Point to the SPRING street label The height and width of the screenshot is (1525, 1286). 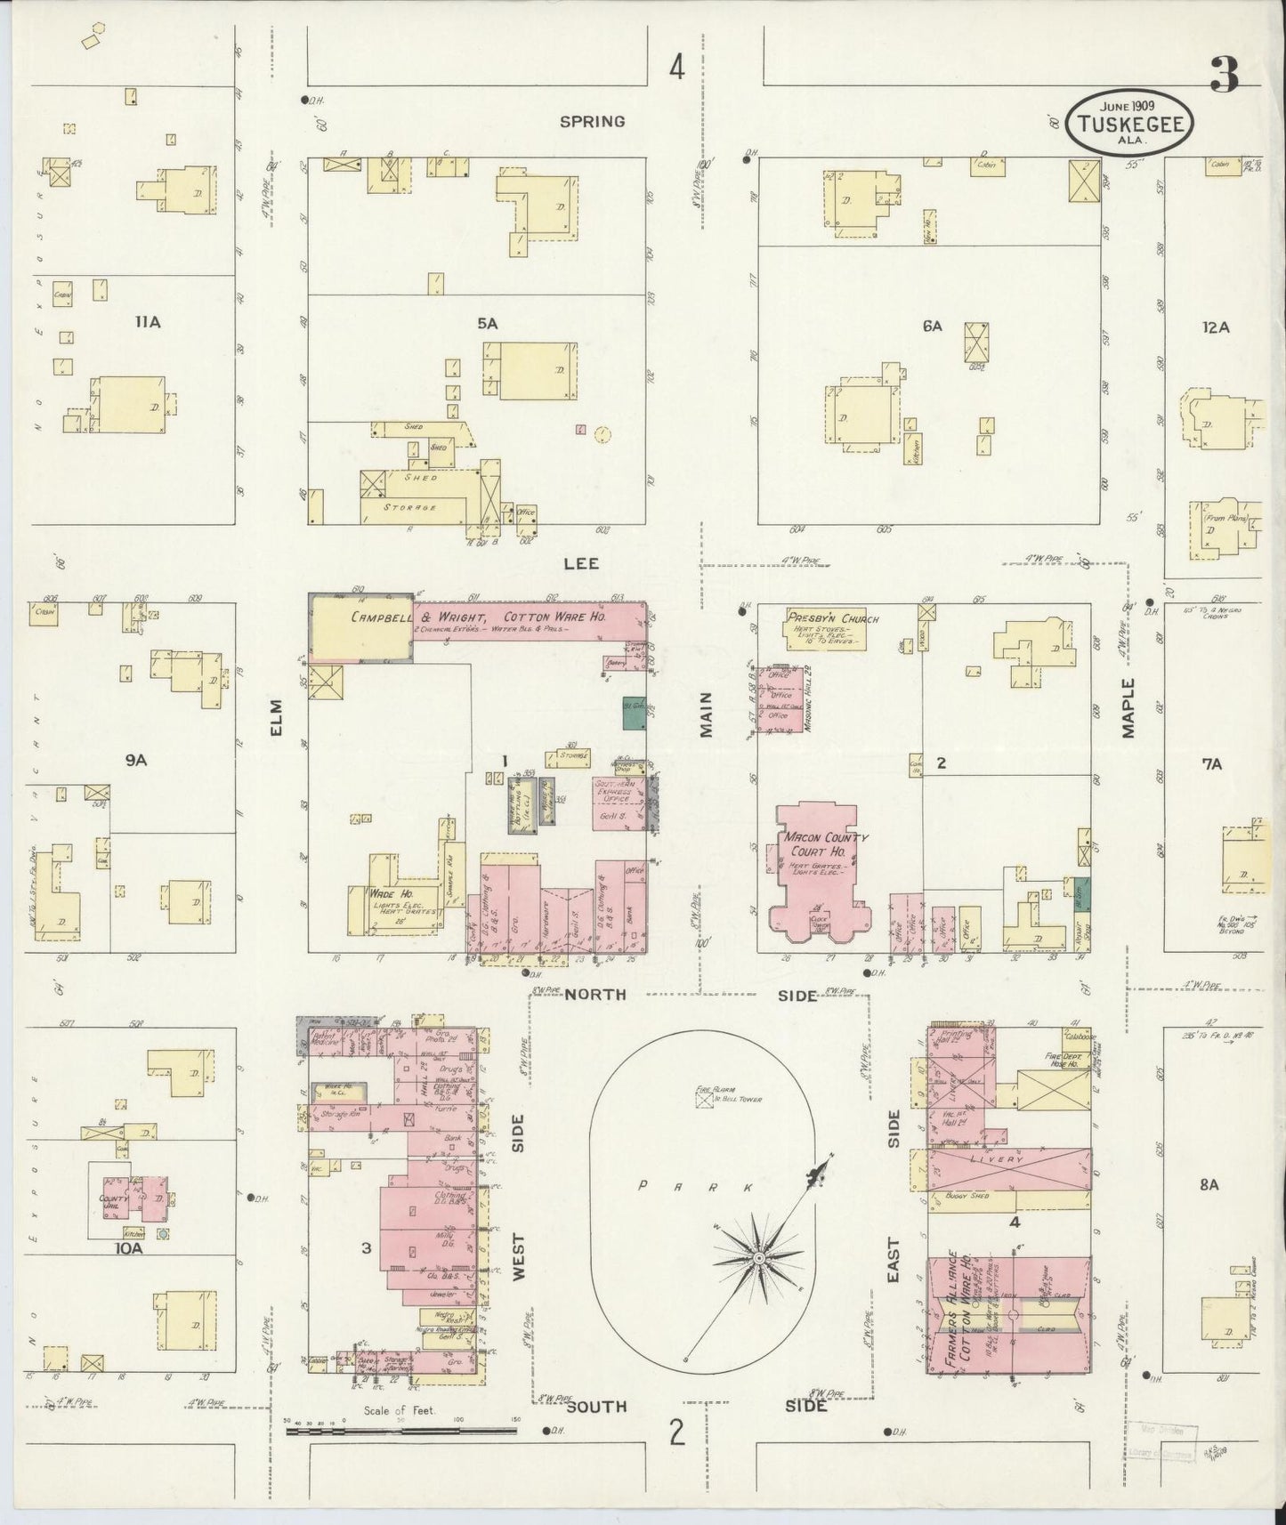pyautogui.click(x=592, y=121)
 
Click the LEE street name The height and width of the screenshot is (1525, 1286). pyautogui.click(x=579, y=563)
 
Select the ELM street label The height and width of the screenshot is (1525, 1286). pyautogui.click(x=276, y=728)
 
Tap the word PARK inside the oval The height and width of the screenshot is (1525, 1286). pyautogui.click(x=695, y=1187)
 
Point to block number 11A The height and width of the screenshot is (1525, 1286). pyautogui.click(x=148, y=322)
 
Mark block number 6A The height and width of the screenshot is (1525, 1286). pyautogui.click(x=932, y=327)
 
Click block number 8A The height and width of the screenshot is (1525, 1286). pyautogui.click(x=1208, y=1184)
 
